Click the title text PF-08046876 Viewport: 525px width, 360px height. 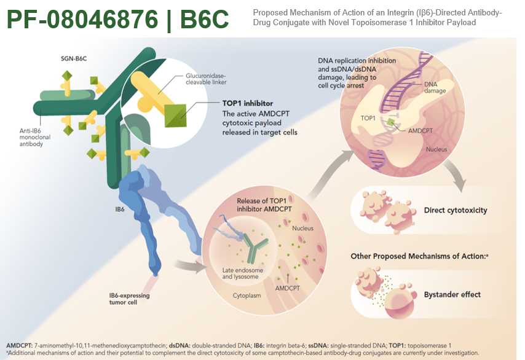coord(85,20)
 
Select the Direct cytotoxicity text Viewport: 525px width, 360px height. coord(456,210)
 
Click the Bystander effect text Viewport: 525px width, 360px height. coord(452,294)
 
